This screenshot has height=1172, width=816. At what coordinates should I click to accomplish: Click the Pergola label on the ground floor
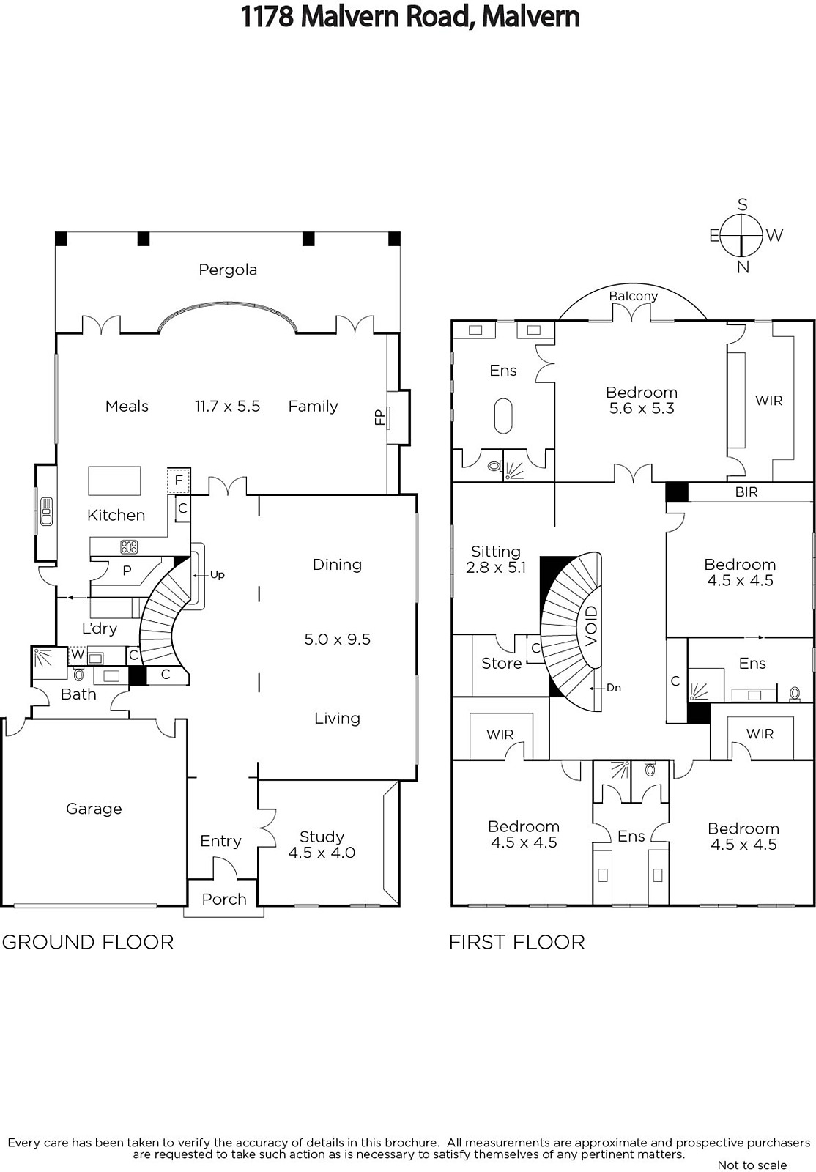[x=228, y=270]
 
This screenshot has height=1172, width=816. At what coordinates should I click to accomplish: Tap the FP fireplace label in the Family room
[x=379, y=417]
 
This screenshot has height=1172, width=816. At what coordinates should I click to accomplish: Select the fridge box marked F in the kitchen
[x=179, y=481]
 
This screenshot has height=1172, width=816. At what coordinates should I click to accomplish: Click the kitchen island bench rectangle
[x=114, y=481]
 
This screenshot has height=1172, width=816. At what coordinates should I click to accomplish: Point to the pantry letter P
[x=127, y=571]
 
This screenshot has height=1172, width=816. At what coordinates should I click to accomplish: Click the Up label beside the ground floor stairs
[x=217, y=574]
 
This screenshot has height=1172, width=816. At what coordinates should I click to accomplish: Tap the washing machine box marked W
[x=78, y=654]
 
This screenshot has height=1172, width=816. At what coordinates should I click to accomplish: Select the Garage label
[x=94, y=809]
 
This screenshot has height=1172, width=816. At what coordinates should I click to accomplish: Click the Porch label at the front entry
[x=224, y=899]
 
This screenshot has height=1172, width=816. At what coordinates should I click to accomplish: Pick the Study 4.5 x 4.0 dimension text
[x=322, y=853]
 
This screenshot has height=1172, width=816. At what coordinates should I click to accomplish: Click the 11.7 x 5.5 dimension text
[x=228, y=407]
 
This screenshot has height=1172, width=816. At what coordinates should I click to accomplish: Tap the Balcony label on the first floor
[x=633, y=296]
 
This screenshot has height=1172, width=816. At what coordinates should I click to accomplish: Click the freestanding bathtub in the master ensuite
[x=504, y=416]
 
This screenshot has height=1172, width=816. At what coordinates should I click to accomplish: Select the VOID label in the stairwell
[x=590, y=626]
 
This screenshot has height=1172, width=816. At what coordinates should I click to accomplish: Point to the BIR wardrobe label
[x=746, y=492]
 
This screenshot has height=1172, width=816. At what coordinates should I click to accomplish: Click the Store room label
[x=501, y=664]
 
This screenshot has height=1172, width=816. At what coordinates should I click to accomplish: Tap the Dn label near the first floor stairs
[x=614, y=688]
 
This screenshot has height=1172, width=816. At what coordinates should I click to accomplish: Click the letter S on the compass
[x=742, y=204]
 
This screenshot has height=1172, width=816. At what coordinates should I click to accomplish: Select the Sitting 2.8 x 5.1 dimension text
[x=496, y=567]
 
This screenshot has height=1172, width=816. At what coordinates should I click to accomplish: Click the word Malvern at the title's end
[x=530, y=17]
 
